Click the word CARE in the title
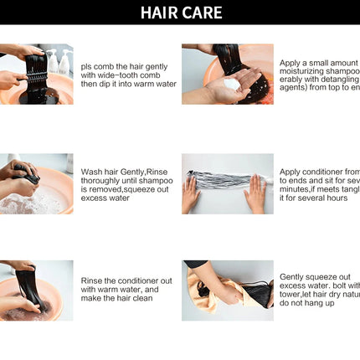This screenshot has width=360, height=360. coord(203,12)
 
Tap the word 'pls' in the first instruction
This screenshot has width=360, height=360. coord(86,65)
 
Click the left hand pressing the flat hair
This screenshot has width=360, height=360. coord(191,195)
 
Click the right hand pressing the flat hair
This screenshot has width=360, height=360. coord(255,195)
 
